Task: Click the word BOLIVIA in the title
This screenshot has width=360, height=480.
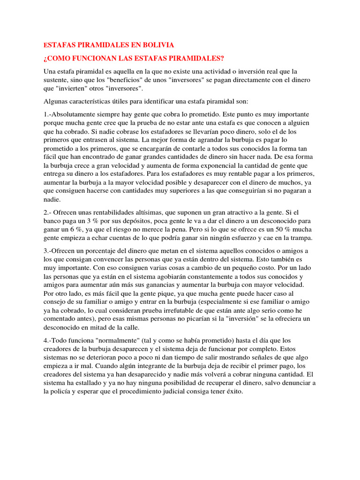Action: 157,45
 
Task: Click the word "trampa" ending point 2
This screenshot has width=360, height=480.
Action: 301,238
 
